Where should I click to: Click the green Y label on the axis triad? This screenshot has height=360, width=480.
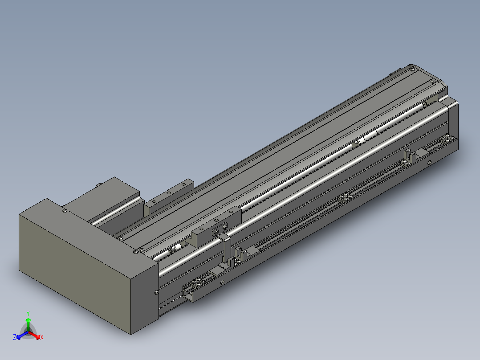28,313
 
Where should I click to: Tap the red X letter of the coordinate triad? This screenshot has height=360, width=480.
41,338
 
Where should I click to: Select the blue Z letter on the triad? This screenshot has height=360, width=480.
15,338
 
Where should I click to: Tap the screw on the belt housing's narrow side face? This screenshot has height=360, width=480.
156,292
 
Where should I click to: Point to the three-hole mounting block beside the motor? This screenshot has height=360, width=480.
171,193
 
